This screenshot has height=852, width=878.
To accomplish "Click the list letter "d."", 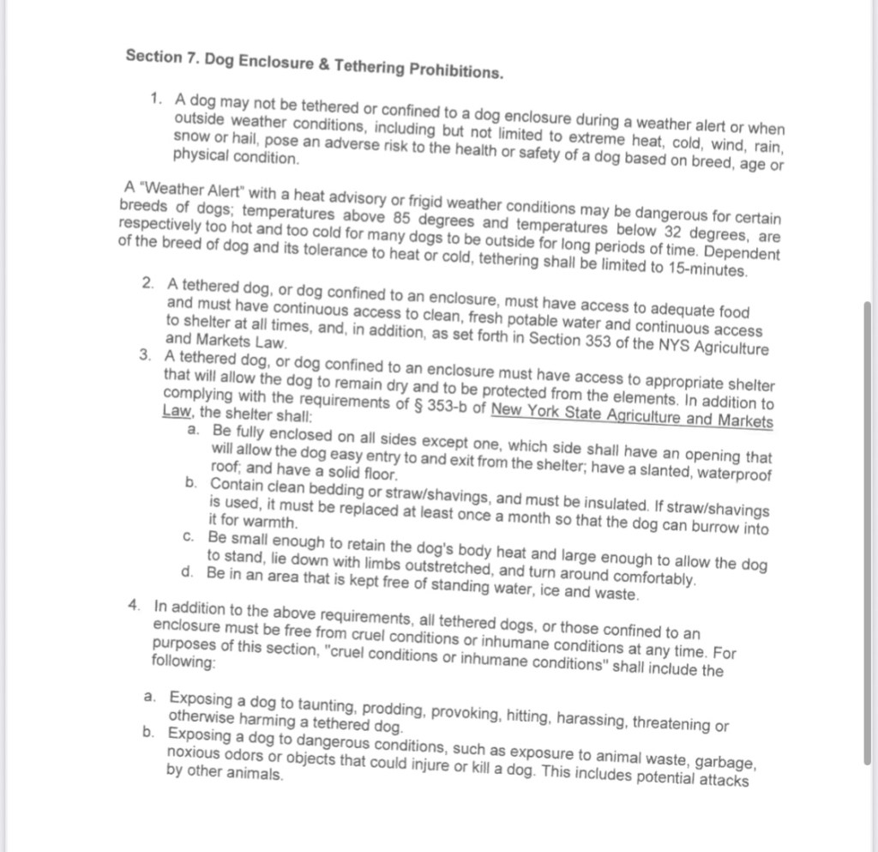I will click(x=189, y=571).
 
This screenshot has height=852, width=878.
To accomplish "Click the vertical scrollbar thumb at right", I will click(x=869, y=532).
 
